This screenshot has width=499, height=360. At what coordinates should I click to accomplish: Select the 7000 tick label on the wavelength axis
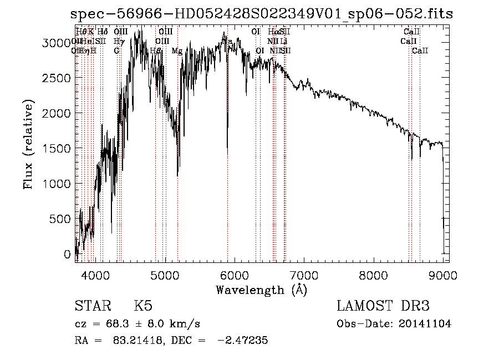(304, 275)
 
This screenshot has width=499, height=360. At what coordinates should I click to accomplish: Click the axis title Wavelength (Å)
(261, 289)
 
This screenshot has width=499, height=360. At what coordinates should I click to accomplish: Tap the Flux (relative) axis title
(28, 144)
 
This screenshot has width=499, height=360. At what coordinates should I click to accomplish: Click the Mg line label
(177, 51)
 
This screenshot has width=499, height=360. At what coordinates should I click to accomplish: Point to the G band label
(116, 51)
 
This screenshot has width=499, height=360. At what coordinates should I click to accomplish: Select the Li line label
(283, 42)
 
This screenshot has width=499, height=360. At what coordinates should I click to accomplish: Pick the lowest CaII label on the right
(420, 51)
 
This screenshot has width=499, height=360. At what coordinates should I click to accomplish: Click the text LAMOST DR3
(383, 306)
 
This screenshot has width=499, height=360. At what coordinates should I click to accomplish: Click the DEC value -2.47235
(244, 341)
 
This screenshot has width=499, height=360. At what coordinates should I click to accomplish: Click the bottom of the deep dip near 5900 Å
(227, 153)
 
